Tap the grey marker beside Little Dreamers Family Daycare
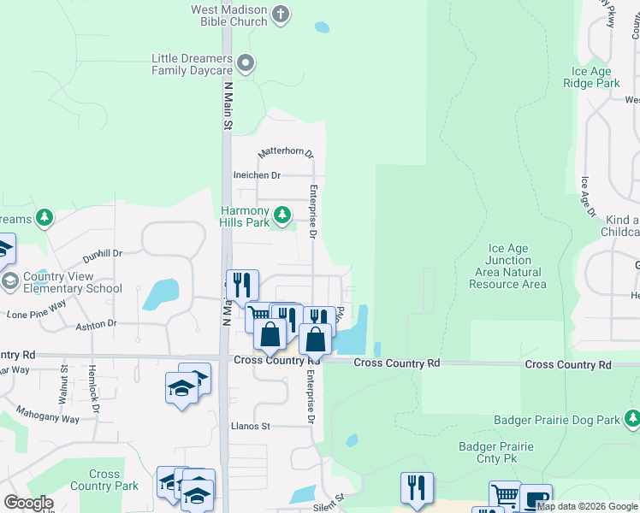[246, 62]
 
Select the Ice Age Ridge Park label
[591, 78]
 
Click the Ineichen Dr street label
[257, 175]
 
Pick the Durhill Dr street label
[103, 254]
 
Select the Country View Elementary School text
[73, 282]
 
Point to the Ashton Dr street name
[97, 324]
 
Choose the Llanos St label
[251, 426]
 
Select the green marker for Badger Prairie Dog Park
[631, 419]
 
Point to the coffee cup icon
[536, 499]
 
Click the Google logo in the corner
[28, 503]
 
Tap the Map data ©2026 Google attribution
[587, 507]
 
